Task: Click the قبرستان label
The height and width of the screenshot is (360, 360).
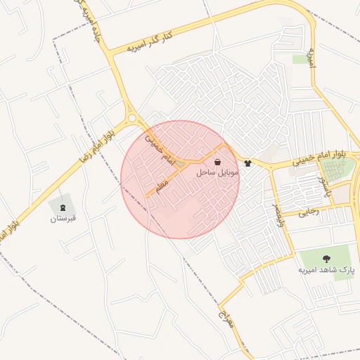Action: [x=63, y=219]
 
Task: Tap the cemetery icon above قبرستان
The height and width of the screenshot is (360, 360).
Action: [x=63, y=207]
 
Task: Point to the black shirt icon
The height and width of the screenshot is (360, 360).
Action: [x=247, y=163]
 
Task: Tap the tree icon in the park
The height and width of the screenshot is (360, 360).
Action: [x=326, y=258]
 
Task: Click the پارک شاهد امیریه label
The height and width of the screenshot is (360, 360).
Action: [x=326, y=269]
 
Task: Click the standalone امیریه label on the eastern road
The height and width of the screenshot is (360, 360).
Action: [x=313, y=58]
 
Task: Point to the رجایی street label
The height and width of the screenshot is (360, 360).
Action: [x=309, y=210]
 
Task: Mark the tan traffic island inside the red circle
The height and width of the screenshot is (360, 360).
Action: [x=181, y=165]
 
